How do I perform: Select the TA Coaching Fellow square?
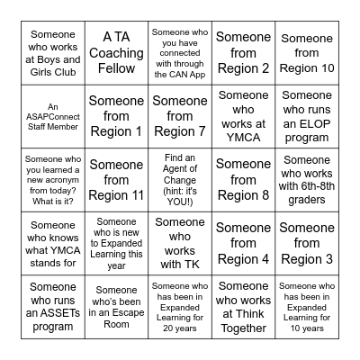coord(117,53)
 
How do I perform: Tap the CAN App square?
coord(180,53)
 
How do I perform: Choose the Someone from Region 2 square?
coord(243,53)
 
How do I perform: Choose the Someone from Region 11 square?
coord(117,179)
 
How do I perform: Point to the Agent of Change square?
coord(180,179)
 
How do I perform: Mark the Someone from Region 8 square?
coord(243,179)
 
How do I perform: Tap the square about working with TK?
coord(180,242)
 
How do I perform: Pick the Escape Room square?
coord(117,305)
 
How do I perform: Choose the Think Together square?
coord(243,305)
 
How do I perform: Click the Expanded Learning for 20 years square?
coord(180,305)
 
